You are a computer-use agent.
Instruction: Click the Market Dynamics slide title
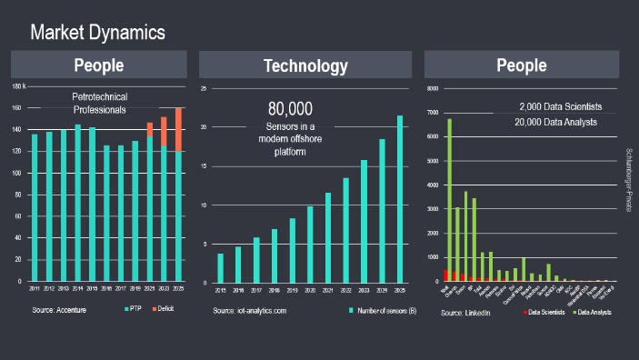click(98, 33)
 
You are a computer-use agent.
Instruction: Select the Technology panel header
click(305, 65)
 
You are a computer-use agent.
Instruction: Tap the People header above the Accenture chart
click(99, 65)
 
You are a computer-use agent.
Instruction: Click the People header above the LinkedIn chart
click(522, 65)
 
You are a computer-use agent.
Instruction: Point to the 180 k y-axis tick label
click(18, 86)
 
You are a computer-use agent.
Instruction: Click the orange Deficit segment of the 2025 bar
click(178, 129)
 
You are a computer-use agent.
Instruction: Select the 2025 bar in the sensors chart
click(398, 198)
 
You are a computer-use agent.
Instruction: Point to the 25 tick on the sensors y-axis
click(205, 89)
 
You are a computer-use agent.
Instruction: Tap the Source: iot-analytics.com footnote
click(249, 312)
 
